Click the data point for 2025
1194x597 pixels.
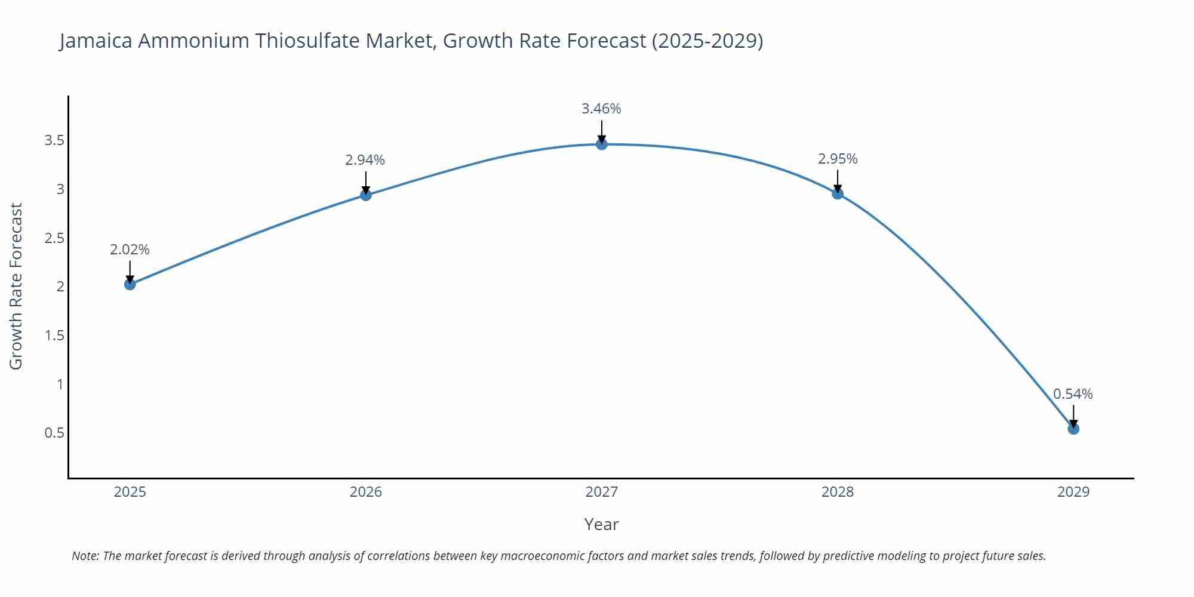(x=130, y=284)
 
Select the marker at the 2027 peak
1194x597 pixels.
(x=602, y=144)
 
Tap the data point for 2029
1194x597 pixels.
(x=1073, y=429)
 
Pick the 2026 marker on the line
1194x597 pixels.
(x=366, y=195)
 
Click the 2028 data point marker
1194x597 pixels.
(x=838, y=193)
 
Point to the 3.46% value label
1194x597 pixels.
(x=601, y=109)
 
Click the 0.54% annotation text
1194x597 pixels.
(x=1073, y=394)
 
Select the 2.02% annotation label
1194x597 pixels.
(x=130, y=250)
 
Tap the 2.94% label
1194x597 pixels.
(x=365, y=160)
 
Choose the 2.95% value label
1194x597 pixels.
(x=838, y=159)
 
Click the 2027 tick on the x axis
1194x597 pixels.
(x=602, y=492)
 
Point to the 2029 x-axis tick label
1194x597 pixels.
(x=1073, y=492)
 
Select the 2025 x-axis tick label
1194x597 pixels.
(x=130, y=492)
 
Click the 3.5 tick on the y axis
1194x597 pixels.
(x=54, y=141)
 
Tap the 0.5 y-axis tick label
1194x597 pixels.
(x=54, y=433)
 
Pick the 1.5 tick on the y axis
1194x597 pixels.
(x=54, y=336)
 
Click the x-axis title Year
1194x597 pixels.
(x=601, y=524)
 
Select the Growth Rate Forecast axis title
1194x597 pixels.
(x=16, y=287)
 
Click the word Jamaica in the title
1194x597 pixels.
(x=96, y=41)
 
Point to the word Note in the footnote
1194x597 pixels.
(x=85, y=556)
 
